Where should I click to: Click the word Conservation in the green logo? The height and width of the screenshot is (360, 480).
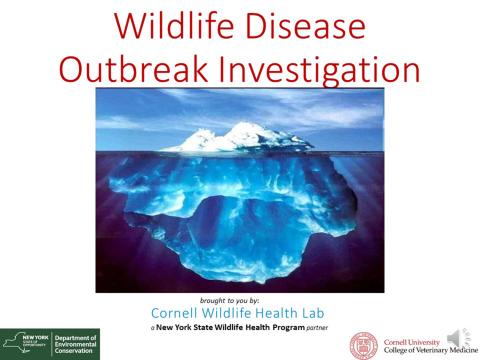[x=75, y=353]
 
